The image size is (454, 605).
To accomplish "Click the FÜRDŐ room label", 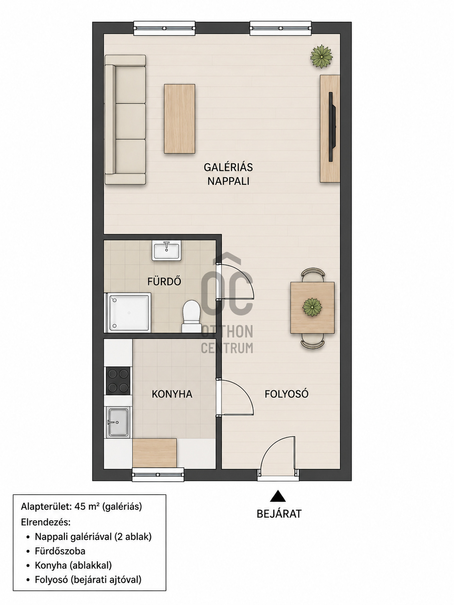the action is tap(164, 281).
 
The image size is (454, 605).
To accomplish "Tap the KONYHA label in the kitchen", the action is tap(172, 394).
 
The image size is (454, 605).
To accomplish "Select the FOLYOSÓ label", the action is tap(286, 394).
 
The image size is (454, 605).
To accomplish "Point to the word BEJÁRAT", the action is tap(279, 514).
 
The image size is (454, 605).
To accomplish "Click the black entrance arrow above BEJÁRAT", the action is tap(278, 496).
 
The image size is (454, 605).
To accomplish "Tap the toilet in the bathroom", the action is tap(191, 316).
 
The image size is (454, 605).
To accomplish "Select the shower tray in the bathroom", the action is tap(128, 313).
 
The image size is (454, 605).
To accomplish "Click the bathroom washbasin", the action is tap(166, 250).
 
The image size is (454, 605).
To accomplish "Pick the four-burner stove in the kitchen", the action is tap(118, 381).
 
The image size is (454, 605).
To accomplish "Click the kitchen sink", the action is tap(118, 422).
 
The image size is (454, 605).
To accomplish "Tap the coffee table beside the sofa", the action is tap(179, 119).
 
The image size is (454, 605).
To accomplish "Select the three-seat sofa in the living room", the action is tap(125, 119).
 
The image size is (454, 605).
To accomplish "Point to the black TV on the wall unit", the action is tap(332, 127).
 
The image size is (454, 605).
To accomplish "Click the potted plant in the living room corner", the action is tap(321, 56).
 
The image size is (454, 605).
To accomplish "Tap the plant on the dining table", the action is tap(312, 307).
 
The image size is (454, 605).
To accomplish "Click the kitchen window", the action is tap(158, 474).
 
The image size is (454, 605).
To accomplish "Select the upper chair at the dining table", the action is tap(313, 275).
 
